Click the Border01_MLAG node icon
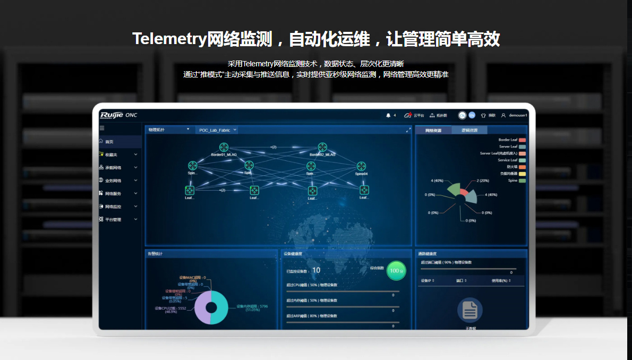pyautogui.click(x=224, y=147)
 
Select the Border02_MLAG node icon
pyautogui.click(x=322, y=147)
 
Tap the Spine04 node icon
pyautogui.click(x=361, y=166)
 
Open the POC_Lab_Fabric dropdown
pyautogui.click(x=217, y=130)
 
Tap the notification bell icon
pyautogui.click(x=388, y=115)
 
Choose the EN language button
pyautogui.click(x=472, y=115)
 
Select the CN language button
pyautogui.click(x=463, y=115)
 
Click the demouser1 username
pyautogui.click(x=518, y=115)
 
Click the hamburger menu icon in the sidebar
pyautogui.click(x=102, y=128)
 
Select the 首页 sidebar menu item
pyautogui.click(x=109, y=142)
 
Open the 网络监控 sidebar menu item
pyautogui.click(x=113, y=207)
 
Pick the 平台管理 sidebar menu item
pyautogui.click(x=113, y=219)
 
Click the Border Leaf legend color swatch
pyautogui.click(x=522, y=140)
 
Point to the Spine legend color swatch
pyautogui.click(x=522, y=181)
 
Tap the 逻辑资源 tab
pyautogui.click(x=469, y=130)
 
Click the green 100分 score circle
pyautogui.click(x=395, y=271)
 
